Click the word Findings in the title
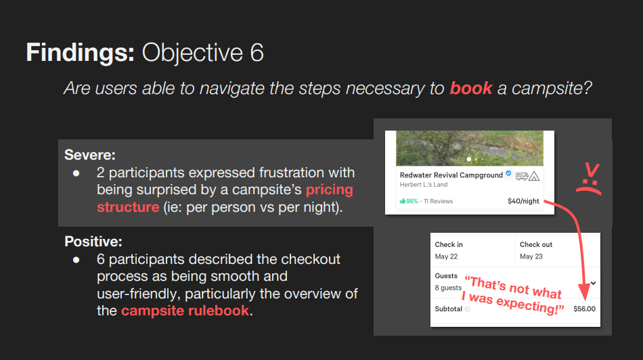tap(80, 53)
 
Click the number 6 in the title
tap(257, 53)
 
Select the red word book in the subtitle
tap(471, 88)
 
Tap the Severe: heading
tap(90, 154)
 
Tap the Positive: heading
tap(93, 242)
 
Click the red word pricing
tap(330, 190)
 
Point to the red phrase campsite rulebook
tap(185, 311)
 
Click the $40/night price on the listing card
tap(523, 201)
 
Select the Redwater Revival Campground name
tap(451, 175)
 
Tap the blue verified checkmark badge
tap(508, 173)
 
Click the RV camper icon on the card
tap(522, 177)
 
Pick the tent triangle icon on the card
tap(534, 177)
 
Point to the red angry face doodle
tap(590, 179)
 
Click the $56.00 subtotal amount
tap(584, 309)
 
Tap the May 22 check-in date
tap(446, 256)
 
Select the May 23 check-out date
tap(531, 256)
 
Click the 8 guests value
tap(448, 288)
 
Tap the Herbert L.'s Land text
tap(424, 185)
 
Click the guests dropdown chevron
tap(594, 283)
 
